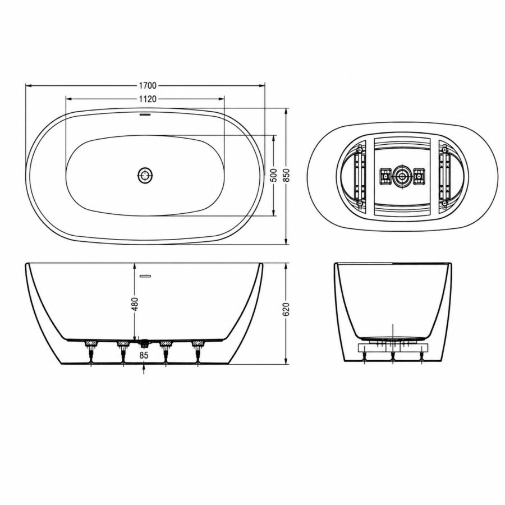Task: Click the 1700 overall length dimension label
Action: pyautogui.click(x=148, y=85)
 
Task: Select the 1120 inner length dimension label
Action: pyautogui.click(x=148, y=99)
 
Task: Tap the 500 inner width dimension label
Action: pyautogui.click(x=274, y=175)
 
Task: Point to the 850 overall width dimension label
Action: pyautogui.click(x=287, y=175)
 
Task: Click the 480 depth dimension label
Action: pyautogui.click(x=135, y=304)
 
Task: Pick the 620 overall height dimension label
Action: pyautogui.click(x=287, y=309)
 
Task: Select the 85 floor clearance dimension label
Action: pyautogui.click(x=144, y=355)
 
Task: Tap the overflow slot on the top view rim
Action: pyautogui.click(x=145, y=114)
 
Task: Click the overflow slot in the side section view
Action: pyautogui.click(x=145, y=276)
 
